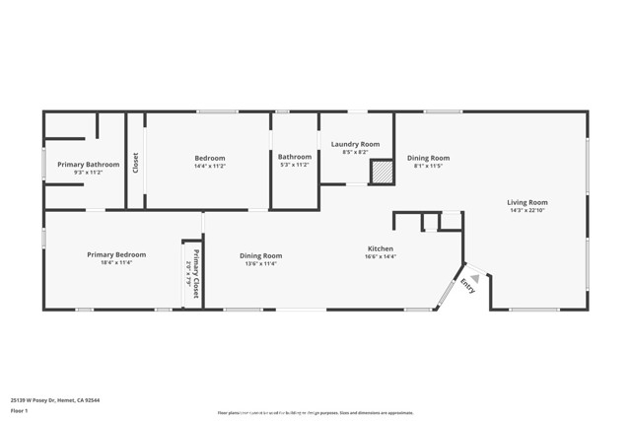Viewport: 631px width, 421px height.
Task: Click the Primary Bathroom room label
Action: (88, 164)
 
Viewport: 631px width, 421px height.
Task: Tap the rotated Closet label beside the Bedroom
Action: (136, 163)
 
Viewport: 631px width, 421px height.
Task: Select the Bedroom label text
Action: (209, 158)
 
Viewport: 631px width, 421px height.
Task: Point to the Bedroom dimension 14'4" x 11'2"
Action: (209, 166)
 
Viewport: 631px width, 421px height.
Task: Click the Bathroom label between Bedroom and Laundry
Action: (294, 157)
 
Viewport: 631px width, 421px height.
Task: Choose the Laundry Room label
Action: (355, 144)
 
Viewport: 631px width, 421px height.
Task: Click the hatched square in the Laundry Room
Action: (381, 173)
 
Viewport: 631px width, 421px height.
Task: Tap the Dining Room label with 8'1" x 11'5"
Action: (428, 158)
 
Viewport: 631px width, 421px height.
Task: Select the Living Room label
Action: (527, 202)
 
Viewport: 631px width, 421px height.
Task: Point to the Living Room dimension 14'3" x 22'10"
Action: (527, 210)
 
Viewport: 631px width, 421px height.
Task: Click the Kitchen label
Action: (381, 248)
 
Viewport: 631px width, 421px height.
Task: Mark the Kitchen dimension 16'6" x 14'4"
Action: (381, 256)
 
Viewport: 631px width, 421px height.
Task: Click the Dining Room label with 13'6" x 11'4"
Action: (260, 255)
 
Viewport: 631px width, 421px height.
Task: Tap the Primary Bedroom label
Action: (116, 254)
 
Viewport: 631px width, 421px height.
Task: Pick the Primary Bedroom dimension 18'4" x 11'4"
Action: (116, 262)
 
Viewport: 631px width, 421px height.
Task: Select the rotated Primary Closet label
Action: (196, 275)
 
